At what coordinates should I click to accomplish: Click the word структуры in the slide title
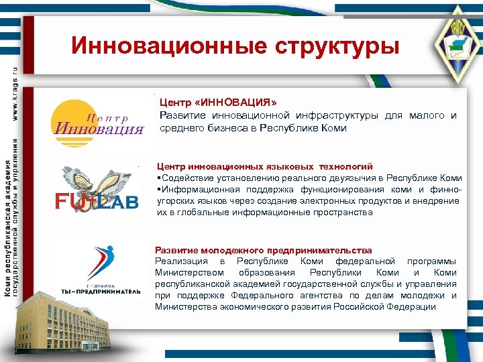335,46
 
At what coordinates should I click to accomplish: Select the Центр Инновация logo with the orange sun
97,119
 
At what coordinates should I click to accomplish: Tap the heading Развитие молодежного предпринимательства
263,250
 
